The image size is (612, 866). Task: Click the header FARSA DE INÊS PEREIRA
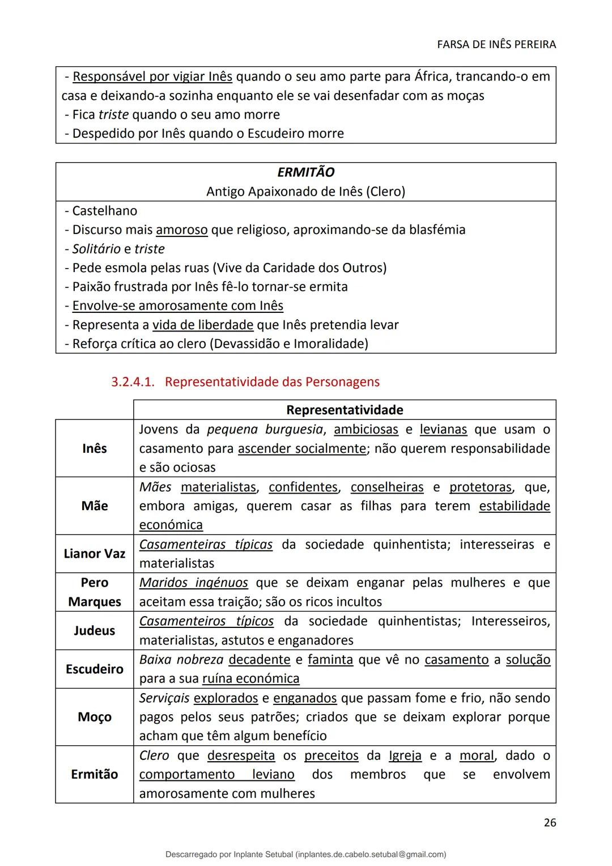(496, 44)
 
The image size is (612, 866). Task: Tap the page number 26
(550, 822)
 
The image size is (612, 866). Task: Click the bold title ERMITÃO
(305, 172)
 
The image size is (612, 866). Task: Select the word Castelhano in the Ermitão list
(105, 211)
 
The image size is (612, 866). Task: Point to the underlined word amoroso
(182, 230)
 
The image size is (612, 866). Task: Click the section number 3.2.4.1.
(133, 382)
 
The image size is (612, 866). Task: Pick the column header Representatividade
(345, 410)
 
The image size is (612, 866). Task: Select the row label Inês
(94, 448)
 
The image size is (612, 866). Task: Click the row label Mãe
(94, 506)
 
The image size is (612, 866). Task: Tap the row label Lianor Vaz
(94, 554)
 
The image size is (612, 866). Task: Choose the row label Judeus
(94, 630)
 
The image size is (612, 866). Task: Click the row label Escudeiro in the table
(94, 669)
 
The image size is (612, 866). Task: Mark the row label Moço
(94, 717)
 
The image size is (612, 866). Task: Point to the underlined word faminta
(330, 660)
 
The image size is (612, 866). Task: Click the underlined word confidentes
(303, 487)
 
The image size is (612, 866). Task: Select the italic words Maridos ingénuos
(194, 583)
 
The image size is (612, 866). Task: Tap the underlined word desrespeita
(241, 755)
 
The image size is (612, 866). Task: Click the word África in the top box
(432, 77)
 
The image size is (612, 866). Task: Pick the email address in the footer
(371, 854)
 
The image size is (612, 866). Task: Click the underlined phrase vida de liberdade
(203, 325)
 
